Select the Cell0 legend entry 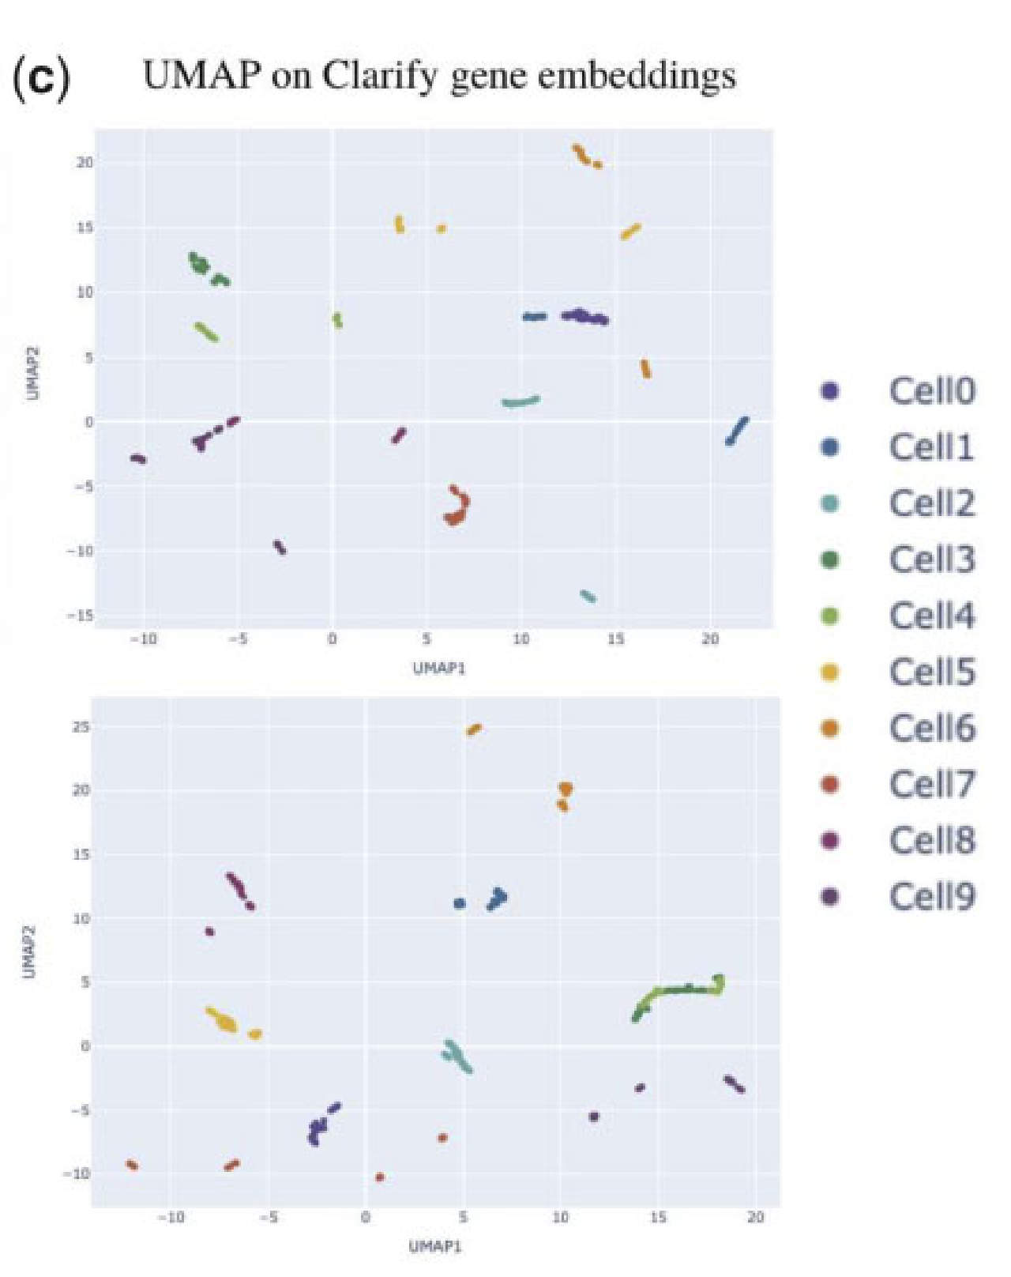pos(932,390)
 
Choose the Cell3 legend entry pos(932,559)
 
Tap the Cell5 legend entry pos(932,672)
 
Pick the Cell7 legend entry pos(932,784)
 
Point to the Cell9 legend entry pos(932,896)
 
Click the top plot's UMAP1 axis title pos(439,669)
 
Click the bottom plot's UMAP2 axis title pos(30,952)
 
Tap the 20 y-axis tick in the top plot pos(85,162)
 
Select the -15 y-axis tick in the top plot pos(82,615)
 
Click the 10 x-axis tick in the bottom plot pos(560,1217)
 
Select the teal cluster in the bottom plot pos(457,1056)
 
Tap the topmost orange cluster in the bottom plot pos(474,729)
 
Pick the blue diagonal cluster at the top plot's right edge pos(737,431)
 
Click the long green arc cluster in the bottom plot pos(679,994)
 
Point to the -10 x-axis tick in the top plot pos(143,638)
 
